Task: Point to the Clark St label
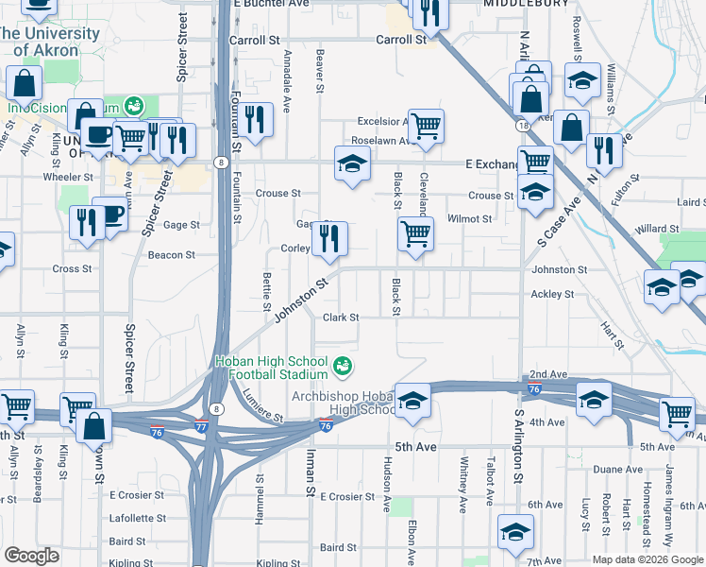point(342,318)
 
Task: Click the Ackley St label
point(552,295)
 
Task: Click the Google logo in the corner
point(31,556)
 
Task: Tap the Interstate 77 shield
point(201,428)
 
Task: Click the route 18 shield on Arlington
point(521,125)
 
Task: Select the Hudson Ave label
point(387,483)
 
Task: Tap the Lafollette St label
point(138,519)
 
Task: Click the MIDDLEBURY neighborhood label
point(526,4)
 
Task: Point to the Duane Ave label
point(618,470)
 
